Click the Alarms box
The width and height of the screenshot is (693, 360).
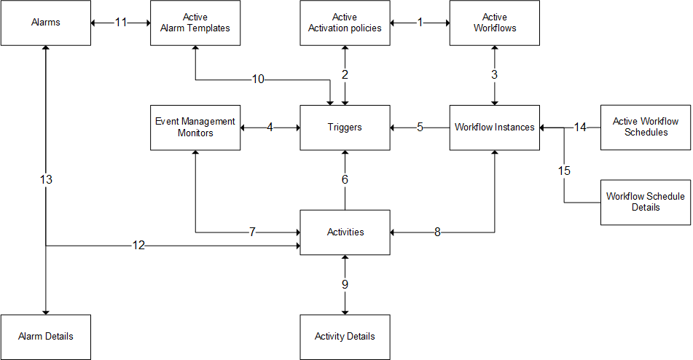coord(46,23)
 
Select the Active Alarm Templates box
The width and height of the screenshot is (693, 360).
coord(195,23)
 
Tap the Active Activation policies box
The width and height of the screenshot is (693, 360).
coord(345,23)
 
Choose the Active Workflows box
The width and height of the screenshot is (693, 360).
coord(495,23)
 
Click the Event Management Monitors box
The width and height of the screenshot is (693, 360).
coord(195,128)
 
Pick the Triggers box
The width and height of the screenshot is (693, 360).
coord(345,128)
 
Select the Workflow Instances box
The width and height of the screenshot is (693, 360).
coord(495,128)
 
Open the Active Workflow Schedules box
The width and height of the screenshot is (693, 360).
coord(645,128)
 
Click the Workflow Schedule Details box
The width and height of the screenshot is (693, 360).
coord(645,202)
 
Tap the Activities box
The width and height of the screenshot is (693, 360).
coord(345,232)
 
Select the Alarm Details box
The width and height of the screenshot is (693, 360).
coord(46,337)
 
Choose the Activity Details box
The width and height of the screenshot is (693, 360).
coord(345,337)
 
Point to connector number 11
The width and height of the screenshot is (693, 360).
coord(121,23)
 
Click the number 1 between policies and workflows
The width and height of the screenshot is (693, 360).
coord(420,23)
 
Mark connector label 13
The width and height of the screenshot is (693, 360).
coord(46,179)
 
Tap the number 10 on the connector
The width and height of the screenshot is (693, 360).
coord(259,79)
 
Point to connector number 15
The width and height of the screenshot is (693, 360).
coord(565,171)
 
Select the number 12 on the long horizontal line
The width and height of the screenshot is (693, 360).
coord(138,246)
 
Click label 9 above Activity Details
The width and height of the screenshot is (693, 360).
coord(345,284)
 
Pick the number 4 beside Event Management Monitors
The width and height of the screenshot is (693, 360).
coord(270,128)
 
